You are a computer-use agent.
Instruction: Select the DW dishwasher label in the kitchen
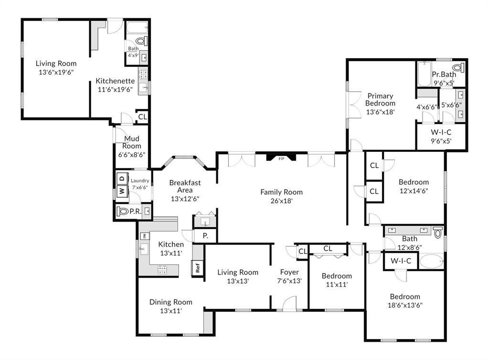(144, 236)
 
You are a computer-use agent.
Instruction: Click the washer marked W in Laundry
(121, 192)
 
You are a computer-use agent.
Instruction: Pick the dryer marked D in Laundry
(121, 179)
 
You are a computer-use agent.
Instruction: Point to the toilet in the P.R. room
(123, 211)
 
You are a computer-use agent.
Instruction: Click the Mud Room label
(131, 142)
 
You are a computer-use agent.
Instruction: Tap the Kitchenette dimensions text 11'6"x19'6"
(115, 89)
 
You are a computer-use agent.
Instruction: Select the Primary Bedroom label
(380, 99)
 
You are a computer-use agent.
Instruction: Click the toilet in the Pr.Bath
(457, 67)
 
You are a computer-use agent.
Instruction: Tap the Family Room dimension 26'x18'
(281, 201)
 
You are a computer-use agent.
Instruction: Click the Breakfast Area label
(185, 186)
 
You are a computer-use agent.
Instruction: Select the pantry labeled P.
(205, 235)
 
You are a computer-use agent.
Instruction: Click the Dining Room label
(170, 302)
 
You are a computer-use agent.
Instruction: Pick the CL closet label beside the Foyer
(302, 252)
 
